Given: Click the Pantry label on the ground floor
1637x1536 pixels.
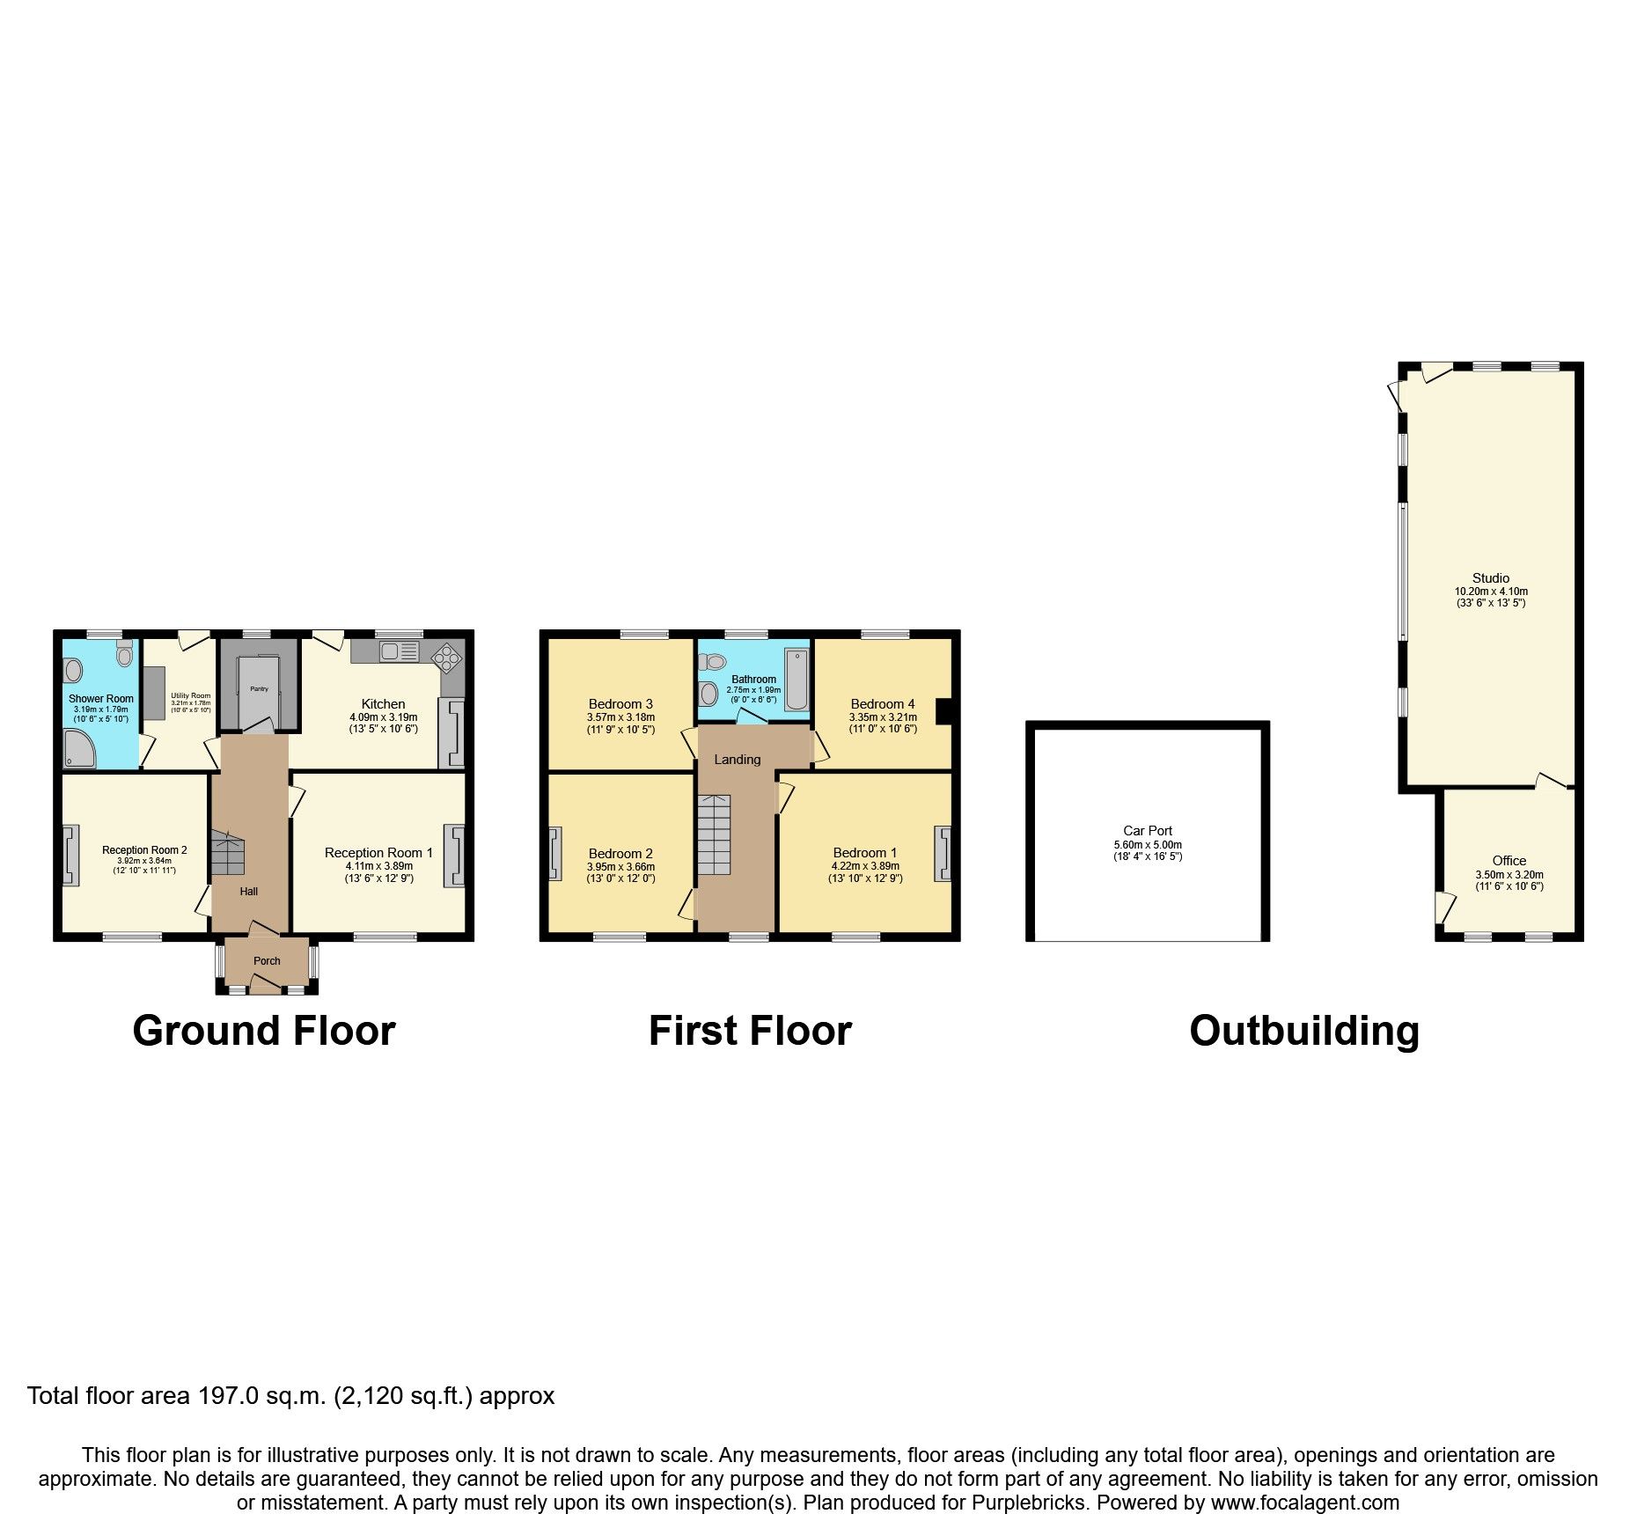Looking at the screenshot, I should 259,688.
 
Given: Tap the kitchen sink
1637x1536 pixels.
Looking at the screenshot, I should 399,651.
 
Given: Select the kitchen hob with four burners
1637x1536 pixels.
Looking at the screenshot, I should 446,656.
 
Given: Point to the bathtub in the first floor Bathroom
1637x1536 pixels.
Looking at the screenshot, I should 796,679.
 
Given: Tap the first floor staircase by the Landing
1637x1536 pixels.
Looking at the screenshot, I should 714,834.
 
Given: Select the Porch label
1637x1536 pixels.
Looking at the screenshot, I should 267,960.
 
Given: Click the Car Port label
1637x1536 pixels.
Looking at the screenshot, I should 1148,830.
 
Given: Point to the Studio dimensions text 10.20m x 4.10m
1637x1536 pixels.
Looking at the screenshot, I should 1491,592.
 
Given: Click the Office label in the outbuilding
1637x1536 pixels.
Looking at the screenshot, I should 1509,860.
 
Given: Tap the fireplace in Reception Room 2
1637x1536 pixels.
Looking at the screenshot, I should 70,854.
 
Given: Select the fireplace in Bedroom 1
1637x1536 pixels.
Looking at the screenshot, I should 943,853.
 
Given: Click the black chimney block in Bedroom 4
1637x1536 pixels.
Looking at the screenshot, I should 943,710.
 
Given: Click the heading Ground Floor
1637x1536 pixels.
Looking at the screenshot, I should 264,1030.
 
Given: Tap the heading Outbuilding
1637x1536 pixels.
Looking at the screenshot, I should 1303,1030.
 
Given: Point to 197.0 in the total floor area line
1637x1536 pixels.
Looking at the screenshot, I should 228,1396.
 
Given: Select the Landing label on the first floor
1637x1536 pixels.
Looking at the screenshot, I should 737,759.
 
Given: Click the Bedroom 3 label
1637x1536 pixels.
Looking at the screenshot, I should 620,703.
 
